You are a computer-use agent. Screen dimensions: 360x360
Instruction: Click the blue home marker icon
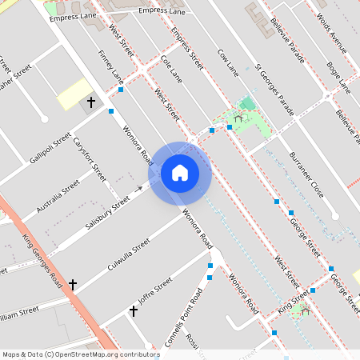(180, 173)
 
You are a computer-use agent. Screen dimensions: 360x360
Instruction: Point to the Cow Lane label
(228, 62)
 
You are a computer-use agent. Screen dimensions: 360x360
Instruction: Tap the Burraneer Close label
(305, 174)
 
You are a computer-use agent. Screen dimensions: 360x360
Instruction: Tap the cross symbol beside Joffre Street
(134, 310)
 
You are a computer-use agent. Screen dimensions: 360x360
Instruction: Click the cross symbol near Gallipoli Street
(90, 102)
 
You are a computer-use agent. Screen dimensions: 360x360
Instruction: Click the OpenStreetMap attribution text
(81, 354)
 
